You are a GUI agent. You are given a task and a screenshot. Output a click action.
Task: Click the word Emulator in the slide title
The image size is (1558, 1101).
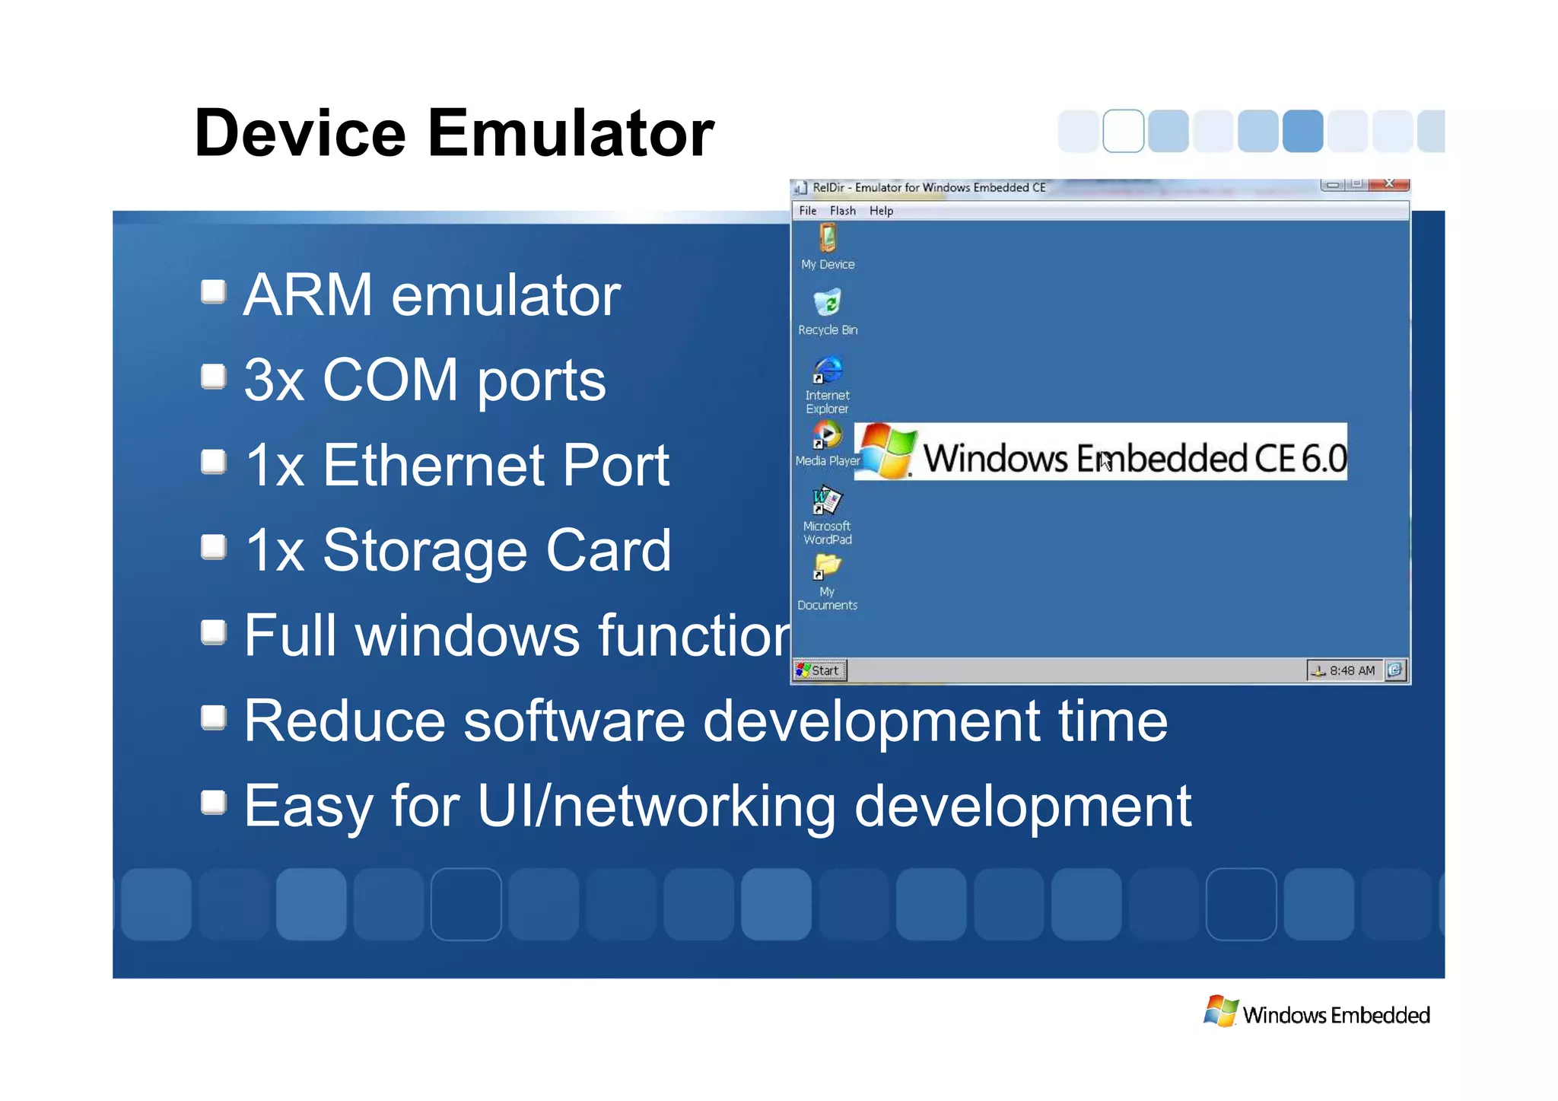tap(571, 133)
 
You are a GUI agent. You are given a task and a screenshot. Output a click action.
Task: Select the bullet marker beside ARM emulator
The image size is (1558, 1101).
tap(214, 291)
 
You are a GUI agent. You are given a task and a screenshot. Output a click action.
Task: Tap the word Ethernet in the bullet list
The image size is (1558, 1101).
tap(434, 465)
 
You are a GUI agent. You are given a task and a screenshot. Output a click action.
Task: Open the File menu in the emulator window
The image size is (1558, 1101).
tap(808, 211)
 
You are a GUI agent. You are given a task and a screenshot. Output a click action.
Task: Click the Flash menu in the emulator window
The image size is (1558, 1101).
tap(842, 211)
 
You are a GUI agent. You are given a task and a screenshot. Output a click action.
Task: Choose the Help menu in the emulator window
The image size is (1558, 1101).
tap(881, 211)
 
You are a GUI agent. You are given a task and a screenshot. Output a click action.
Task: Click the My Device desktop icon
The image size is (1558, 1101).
tap(828, 239)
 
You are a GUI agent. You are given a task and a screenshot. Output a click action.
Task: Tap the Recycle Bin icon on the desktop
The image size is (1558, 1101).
tap(828, 304)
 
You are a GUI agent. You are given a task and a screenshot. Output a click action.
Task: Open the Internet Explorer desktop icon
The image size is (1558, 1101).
tap(828, 371)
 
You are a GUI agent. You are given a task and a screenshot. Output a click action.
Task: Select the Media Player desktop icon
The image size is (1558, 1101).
tap(827, 436)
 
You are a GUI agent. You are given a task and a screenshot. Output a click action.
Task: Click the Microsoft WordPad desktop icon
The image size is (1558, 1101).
tap(827, 501)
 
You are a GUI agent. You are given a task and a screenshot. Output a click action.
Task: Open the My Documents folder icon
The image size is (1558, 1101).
tap(827, 567)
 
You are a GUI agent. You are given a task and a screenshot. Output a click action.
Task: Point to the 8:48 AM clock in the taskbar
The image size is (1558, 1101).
tap(1352, 670)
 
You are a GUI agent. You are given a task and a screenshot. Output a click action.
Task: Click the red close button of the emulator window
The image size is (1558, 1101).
tap(1389, 184)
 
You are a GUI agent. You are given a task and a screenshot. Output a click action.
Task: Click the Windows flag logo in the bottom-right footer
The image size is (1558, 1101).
tap(1222, 1011)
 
